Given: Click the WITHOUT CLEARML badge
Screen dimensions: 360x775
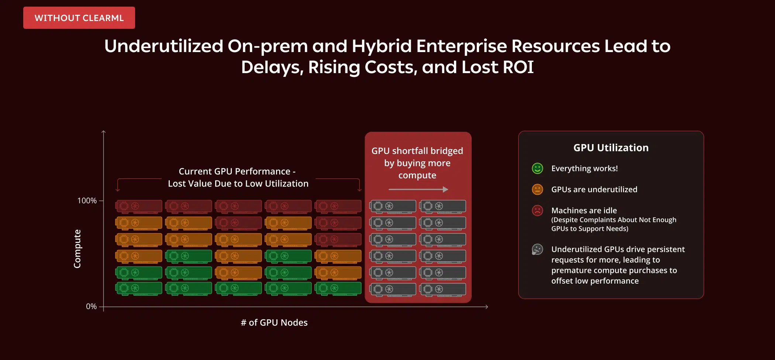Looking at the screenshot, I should pyautogui.click(x=79, y=18).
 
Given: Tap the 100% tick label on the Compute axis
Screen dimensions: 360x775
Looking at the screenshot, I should pyautogui.click(x=87, y=200).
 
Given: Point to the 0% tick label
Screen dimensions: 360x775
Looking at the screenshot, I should pyautogui.click(x=91, y=306).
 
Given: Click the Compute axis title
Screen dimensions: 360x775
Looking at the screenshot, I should pyautogui.click(x=77, y=248).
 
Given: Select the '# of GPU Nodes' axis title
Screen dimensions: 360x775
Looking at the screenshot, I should pyautogui.click(x=274, y=322).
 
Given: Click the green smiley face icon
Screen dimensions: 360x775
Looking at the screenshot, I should pyautogui.click(x=537, y=168).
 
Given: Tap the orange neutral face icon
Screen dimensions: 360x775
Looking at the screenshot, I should pyautogui.click(x=537, y=189).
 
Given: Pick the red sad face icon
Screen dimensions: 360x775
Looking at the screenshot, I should pyautogui.click(x=537, y=210).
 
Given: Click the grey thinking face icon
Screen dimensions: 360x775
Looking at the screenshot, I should pyautogui.click(x=537, y=250).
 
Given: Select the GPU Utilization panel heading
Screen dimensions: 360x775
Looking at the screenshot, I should pyautogui.click(x=611, y=148).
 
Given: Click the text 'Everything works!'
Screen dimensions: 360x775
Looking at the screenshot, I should pyautogui.click(x=585, y=168).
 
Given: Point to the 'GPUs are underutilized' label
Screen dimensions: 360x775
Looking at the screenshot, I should pyautogui.click(x=594, y=189).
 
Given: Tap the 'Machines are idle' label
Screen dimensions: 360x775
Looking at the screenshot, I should pyautogui.click(x=584, y=210).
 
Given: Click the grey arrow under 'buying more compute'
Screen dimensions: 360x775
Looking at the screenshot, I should pyautogui.click(x=418, y=189).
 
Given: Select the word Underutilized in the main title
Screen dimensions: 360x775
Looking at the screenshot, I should pyautogui.click(x=164, y=46).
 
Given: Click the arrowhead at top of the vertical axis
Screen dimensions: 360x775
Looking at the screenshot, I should pyautogui.click(x=104, y=131).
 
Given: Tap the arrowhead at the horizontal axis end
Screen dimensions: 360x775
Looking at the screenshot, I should pyautogui.click(x=487, y=306).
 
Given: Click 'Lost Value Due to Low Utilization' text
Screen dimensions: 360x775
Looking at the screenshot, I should pyautogui.click(x=238, y=184).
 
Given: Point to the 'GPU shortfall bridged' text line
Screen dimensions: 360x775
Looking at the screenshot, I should pyautogui.click(x=417, y=151).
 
